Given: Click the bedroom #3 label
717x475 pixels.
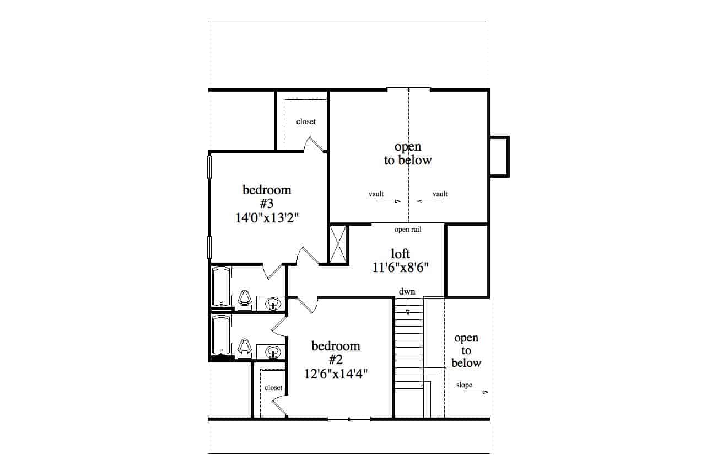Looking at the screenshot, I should (267, 196).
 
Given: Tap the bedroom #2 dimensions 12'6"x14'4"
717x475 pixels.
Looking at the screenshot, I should (336, 373).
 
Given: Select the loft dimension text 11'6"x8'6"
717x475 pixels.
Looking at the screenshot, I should (401, 268).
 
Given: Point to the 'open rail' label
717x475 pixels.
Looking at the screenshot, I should (408, 230).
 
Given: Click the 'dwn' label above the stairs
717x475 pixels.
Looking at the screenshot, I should (407, 291).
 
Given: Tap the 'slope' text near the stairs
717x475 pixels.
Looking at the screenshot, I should (464, 385).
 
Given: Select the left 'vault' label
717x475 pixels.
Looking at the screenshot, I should (376, 194).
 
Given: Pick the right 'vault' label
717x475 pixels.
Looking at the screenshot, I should (440, 194).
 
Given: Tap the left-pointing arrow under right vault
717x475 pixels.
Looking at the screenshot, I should (429, 201).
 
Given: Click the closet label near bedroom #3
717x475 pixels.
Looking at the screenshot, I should (306, 121).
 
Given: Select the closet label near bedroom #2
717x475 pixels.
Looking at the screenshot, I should (273, 387).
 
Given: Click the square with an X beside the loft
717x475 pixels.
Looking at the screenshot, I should (338, 243).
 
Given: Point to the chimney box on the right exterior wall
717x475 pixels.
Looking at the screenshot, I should (499, 156).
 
